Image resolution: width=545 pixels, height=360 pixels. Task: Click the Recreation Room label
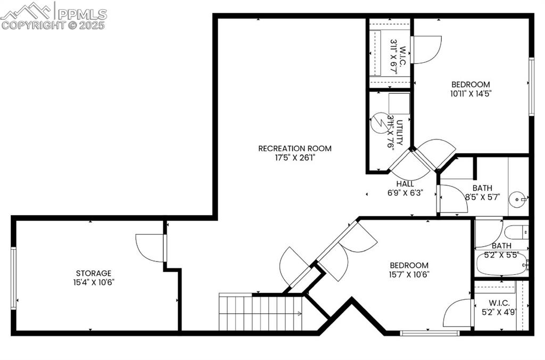295,148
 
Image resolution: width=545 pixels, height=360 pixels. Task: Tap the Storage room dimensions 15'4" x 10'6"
94,282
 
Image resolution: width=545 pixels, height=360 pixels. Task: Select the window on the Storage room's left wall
14,277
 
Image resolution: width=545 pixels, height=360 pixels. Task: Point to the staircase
261,313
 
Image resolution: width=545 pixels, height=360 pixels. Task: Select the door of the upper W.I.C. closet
426,50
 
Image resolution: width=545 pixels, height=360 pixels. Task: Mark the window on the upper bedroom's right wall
531,86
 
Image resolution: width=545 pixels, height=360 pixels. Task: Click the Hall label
405,184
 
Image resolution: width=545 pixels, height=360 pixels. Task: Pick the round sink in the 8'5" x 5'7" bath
517,200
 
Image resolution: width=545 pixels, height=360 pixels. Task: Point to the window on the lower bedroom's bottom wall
430,333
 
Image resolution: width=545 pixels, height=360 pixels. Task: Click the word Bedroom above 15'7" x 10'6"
409,265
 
